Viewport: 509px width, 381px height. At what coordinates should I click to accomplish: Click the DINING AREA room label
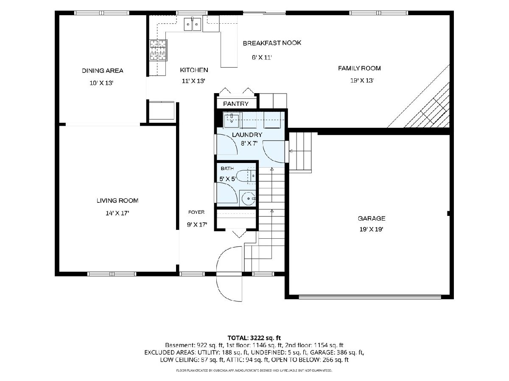click(x=103, y=71)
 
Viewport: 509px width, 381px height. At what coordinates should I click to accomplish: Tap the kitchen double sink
click(x=193, y=24)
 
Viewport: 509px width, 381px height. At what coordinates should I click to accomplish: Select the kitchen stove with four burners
click(x=158, y=50)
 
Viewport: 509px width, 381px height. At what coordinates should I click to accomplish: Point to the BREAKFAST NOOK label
click(x=272, y=43)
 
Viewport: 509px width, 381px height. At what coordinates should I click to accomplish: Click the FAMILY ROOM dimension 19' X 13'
click(x=362, y=80)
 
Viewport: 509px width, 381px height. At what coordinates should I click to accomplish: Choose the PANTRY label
click(x=236, y=104)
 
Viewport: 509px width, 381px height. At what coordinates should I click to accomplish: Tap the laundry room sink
click(x=231, y=120)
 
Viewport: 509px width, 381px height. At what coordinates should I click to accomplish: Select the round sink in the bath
click(x=248, y=198)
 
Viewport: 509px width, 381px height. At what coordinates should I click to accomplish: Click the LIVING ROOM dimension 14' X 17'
click(x=117, y=213)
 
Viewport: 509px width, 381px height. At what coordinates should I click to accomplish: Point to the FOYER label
click(x=196, y=212)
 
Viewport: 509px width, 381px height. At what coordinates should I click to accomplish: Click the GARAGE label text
click(x=372, y=218)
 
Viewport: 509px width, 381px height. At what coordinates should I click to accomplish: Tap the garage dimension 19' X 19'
click(x=371, y=229)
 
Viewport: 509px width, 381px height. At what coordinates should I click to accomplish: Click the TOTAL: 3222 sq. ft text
click(x=254, y=338)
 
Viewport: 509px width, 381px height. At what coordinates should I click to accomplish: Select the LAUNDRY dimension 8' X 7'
click(x=249, y=144)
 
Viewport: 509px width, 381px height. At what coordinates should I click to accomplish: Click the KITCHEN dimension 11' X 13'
click(x=193, y=81)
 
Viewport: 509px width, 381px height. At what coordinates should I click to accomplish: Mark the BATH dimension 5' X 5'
click(x=228, y=179)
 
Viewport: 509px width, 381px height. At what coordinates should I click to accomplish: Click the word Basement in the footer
click(x=179, y=345)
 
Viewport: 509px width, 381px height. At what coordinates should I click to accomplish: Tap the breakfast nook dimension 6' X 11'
click(x=262, y=58)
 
